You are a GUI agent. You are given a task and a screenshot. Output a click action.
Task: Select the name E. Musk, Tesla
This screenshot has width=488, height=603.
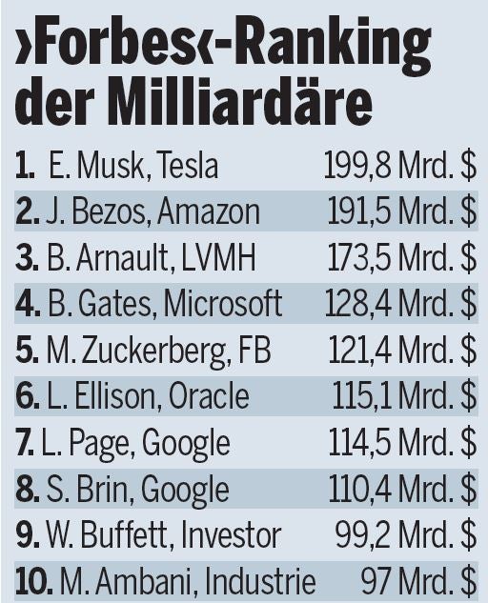[x=132, y=167]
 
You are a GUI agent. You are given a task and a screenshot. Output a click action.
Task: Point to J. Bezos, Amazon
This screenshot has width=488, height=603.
[x=152, y=211]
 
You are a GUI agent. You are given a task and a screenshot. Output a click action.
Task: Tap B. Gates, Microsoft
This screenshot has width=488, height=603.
[x=163, y=304]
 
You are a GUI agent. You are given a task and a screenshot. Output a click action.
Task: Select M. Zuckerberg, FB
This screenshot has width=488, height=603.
[x=158, y=351]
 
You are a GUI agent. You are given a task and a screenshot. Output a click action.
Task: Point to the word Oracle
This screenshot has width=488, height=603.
[x=209, y=396]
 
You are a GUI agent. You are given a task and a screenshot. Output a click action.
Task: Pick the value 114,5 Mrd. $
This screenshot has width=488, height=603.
[x=402, y=443]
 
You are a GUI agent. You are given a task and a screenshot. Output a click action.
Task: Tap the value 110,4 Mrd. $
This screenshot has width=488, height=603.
[x=402, y=490]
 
